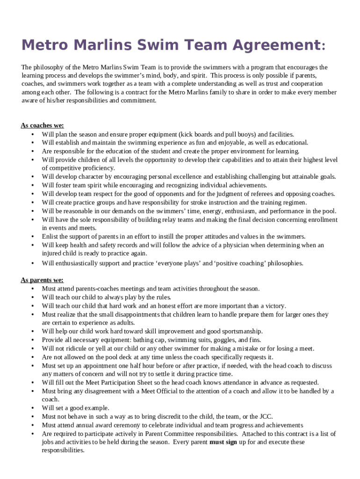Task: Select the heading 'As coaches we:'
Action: [x=42, y=125]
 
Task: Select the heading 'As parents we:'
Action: [x=42, y=280]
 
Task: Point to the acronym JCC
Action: [x=265, y=416]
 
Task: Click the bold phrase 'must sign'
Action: [x=223, y=442]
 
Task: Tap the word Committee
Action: [x=151, y=434]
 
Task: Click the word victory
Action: [x=274, y=306]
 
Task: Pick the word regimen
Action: [x=295, y=203]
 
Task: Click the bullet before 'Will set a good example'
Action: [x=32, y=408]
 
